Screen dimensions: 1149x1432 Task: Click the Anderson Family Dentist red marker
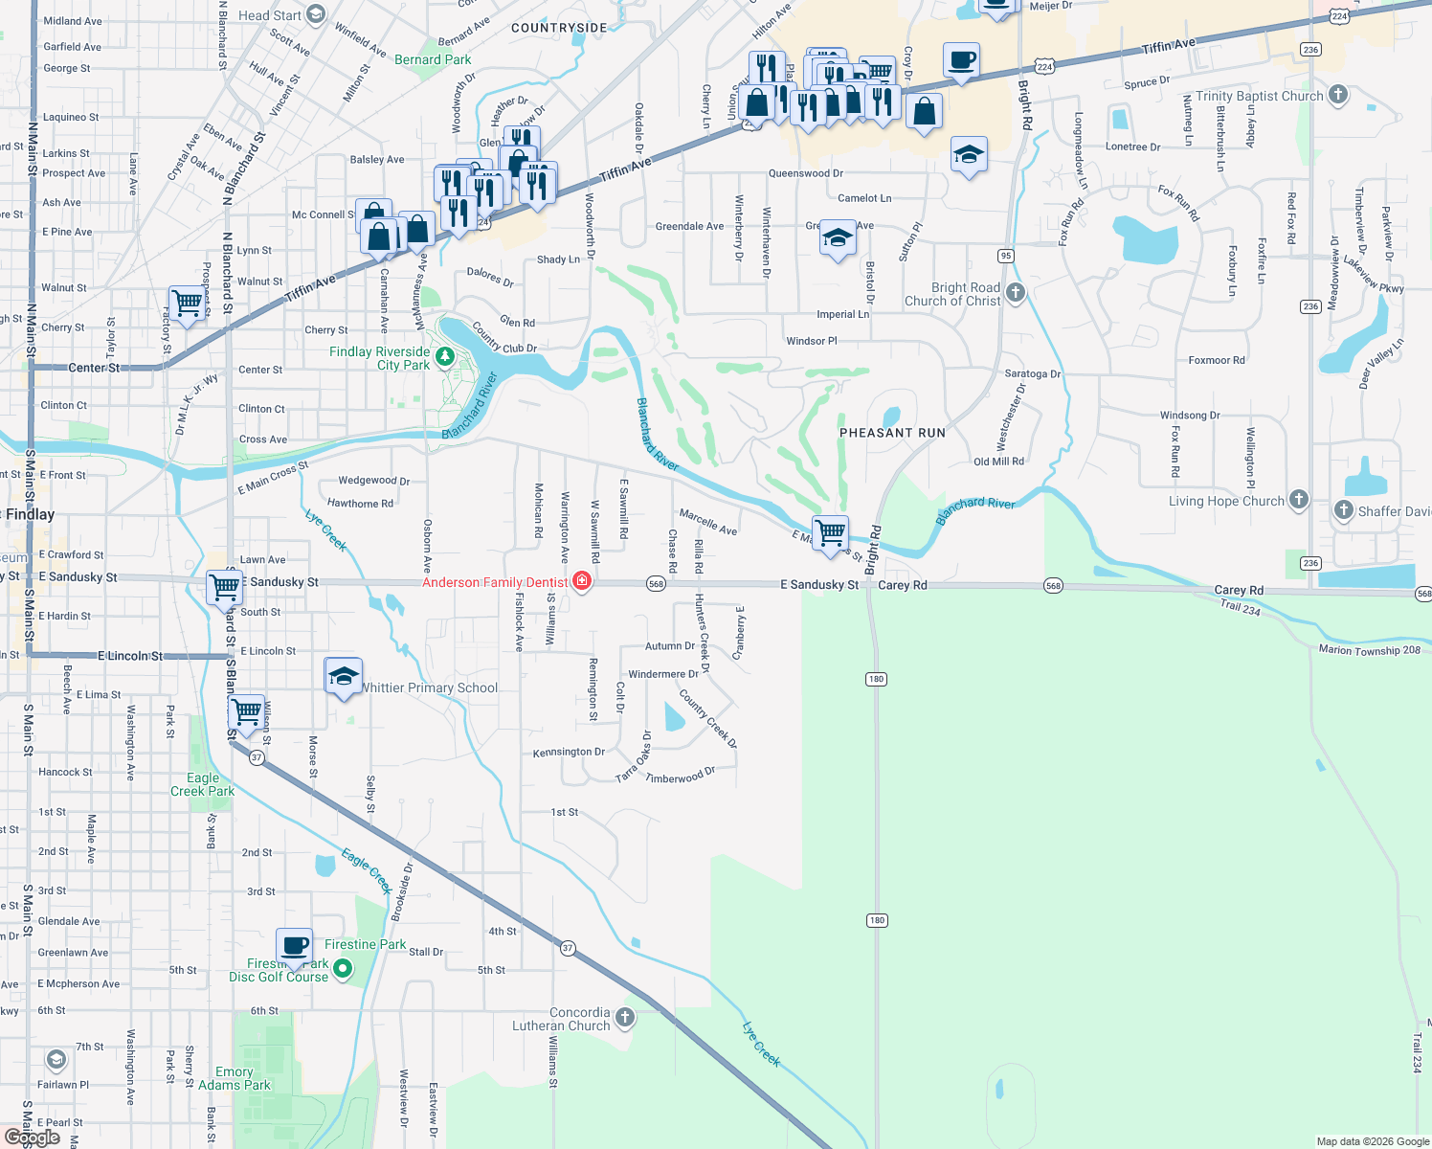coord(582,581)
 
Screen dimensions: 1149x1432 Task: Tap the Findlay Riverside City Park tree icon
coord(444,357)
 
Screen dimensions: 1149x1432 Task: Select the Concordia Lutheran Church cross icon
coord(625,1017)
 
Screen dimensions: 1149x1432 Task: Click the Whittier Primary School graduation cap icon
coord(344,676)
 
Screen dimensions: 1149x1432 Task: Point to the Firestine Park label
coord(365,944)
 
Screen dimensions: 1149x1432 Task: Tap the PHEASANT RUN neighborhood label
coord(892,433)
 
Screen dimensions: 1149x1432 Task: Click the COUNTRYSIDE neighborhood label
coord(559,28)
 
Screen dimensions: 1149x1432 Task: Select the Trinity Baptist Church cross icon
coord(1338,95)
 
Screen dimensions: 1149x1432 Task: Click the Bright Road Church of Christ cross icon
coord(1016,293)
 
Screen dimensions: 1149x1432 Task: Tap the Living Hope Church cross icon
coord(1298,500)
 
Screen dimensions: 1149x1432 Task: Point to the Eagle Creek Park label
coord(203,784)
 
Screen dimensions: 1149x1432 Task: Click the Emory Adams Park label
coord(235,1078)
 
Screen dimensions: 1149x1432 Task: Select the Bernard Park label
coord(433,59)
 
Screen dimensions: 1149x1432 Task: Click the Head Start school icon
coord(316,14)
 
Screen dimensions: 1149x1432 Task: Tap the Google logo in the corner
coord(32,1138)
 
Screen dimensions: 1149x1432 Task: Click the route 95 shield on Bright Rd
coord(1005,256)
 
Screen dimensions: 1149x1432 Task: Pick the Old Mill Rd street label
coord(998,462)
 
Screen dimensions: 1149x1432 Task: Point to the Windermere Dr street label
coord(663,674)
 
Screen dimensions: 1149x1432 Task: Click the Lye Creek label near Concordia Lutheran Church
coord(762,1044)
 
